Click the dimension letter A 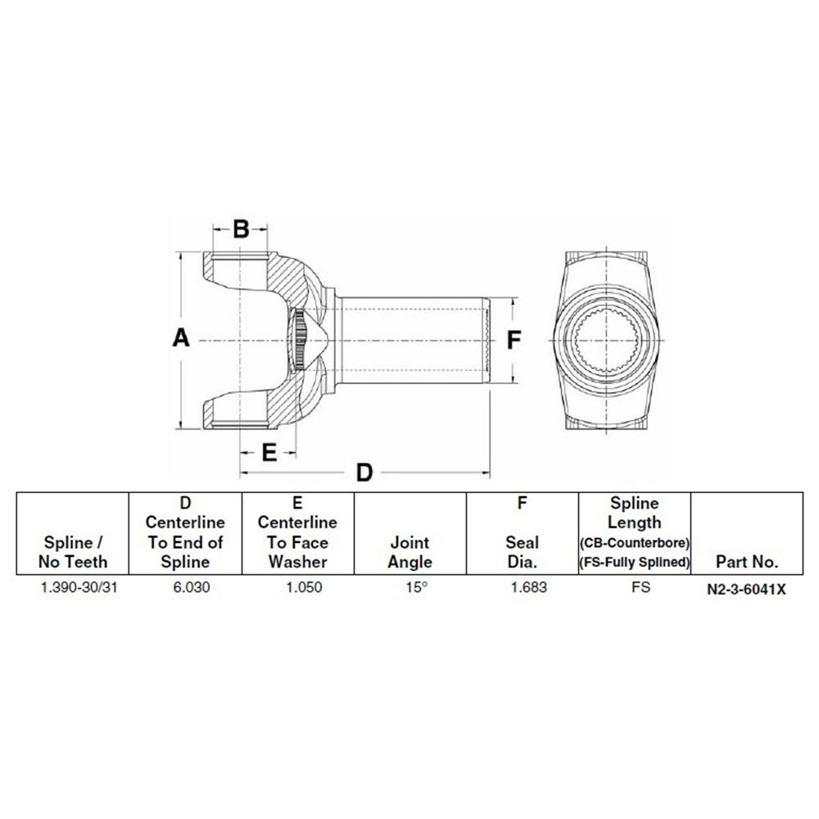tap(182, 338)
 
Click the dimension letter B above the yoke tap(240, 229)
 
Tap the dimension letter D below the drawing tap(364, 473)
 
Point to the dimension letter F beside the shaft tap(514, 339)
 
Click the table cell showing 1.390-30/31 tap(74, 587)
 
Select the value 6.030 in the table tap(185, 587)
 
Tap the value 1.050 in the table tap(297, 587)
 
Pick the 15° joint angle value tap(410, 587)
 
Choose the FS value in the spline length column tap(635, 587)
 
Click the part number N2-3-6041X tap(746, 588)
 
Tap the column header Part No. tap(746, 562)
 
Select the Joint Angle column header tap(410, 552)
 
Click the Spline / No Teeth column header tap(74, 552)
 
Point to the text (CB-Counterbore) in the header tap(635, 543)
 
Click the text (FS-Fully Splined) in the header tap(635, 562)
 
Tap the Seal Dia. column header tap(522, 552)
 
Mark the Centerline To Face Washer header tap(297, 541)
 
